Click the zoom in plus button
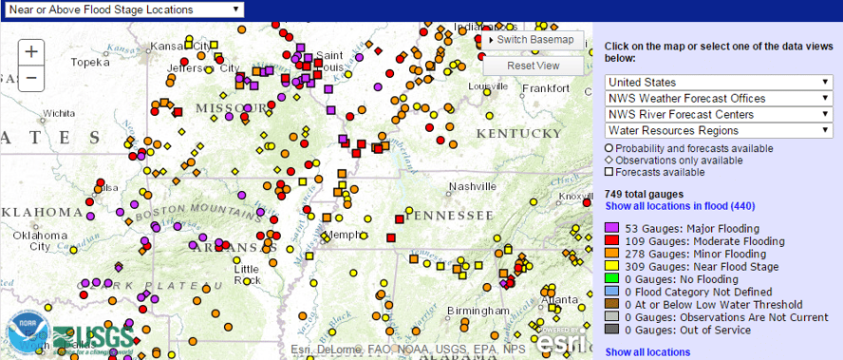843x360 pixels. [31, 52]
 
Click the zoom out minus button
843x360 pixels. [31, 78]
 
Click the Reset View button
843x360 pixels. [533, 66]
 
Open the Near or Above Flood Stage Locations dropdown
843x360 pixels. [122, 9]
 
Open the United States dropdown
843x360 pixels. [720, 83]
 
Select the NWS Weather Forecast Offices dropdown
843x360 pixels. [720, 99]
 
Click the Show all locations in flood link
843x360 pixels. [680, 206]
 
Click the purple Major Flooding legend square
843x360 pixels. [612, 229]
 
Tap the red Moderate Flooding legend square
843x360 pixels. [612, 242]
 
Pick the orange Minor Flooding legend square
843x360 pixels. [612, 255]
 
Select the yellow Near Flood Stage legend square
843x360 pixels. [612, 268]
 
